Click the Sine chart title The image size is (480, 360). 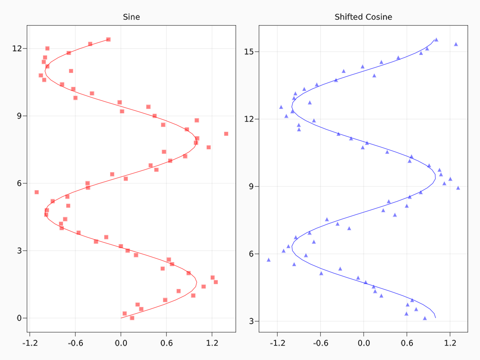131,17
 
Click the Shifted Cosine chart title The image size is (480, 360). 363,17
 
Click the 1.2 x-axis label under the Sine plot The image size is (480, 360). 212,343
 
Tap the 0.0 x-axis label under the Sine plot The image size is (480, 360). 121,343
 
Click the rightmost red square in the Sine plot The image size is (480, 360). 226,134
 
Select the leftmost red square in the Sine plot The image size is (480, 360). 36,192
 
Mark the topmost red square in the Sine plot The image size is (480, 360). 108,39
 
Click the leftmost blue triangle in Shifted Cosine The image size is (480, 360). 268,260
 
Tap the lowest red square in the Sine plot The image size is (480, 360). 132,318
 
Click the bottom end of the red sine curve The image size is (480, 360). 121,318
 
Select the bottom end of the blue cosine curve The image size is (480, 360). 435,318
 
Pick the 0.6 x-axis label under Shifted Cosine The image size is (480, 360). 407,343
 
